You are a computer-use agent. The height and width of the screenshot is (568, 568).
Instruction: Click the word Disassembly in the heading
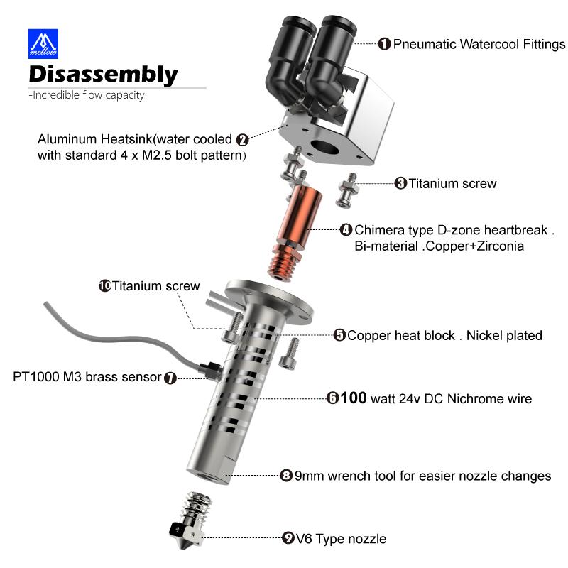103,74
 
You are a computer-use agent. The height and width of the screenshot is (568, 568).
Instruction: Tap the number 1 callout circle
384,44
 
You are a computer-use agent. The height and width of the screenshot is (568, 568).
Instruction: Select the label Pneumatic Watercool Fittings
479,44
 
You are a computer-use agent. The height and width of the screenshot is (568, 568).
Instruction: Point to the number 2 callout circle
242,140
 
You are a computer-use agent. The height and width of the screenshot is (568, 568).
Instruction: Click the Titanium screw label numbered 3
452,183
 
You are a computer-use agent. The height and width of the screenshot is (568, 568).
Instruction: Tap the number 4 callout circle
346,230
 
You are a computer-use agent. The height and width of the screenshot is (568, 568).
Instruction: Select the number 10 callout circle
104,286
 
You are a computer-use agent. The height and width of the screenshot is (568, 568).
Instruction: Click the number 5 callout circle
339,335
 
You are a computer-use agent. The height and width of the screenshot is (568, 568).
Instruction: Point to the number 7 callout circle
170,378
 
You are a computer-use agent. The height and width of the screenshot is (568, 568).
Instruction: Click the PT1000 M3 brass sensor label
87,377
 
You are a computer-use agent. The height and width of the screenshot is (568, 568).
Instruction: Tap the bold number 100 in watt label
354,398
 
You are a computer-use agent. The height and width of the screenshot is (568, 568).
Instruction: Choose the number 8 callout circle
286,476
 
